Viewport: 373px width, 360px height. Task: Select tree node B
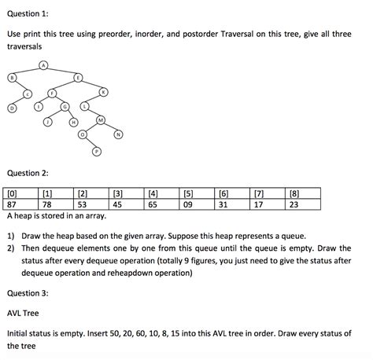click(12, 77)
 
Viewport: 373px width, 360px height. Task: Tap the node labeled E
click(78, 77)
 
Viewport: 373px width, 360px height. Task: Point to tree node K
click(104, 93)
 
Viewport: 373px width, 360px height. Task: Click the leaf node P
click(96, 151)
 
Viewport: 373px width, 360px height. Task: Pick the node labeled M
click(101, 119)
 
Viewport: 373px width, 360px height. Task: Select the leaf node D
click(12, 107)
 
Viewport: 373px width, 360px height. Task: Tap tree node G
click(65, 106)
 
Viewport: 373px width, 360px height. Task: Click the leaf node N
click(118, 134)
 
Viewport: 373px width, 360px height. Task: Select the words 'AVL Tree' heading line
click(25, 312)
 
